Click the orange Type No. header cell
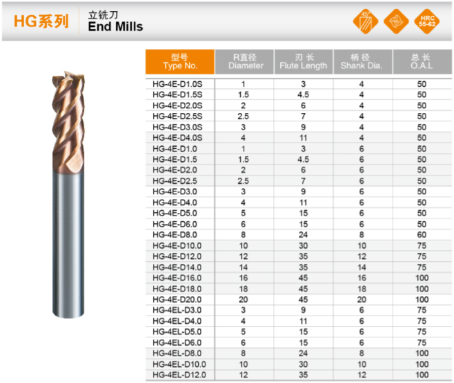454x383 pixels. [x=180, y=61]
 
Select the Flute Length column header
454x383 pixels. [x=304, y=61]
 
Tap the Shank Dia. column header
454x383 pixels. [x=362, y=61]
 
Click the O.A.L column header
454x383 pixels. [x=422, y=61]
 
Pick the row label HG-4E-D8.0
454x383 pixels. [x=175, y=235]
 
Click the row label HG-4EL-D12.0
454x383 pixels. [x=179, y=375]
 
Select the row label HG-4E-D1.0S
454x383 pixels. [x=177, y=84]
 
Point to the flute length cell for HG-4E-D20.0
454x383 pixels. [x=303, y=300]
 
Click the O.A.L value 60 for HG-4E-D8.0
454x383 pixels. [x=422, y=235]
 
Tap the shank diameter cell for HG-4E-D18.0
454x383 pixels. [x=362, y=289]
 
